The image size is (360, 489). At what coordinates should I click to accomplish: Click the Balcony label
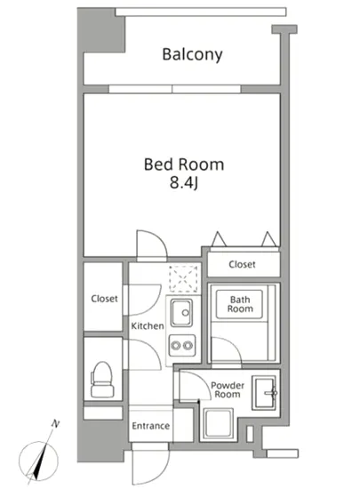click(192, 55)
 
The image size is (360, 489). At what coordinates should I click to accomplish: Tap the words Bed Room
click(184, 164)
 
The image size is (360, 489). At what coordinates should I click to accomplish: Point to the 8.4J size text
click(184, 183)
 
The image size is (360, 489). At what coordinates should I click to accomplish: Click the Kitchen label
click(148, 326)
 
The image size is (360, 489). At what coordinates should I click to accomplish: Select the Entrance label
click(150, 426)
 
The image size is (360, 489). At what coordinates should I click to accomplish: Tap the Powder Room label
click(228, 389)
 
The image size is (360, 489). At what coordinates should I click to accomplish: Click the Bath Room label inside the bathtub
click(240, 304)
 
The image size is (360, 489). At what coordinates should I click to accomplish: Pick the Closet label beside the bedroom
click(242, 264)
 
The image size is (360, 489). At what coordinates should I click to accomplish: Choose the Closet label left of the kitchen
click(104, 299)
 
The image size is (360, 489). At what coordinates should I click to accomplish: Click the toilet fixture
click(102, 380)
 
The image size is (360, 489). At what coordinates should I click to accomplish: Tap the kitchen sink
click(181, 313)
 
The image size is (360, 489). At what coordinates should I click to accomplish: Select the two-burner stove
click(182, 346)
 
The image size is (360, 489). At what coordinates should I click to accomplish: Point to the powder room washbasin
click(265, 393)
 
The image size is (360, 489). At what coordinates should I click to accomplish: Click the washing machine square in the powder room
click(219, 424)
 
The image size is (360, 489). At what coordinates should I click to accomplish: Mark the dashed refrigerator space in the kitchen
click(183, 279)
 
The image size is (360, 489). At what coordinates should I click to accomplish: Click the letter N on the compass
click(55, 424)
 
